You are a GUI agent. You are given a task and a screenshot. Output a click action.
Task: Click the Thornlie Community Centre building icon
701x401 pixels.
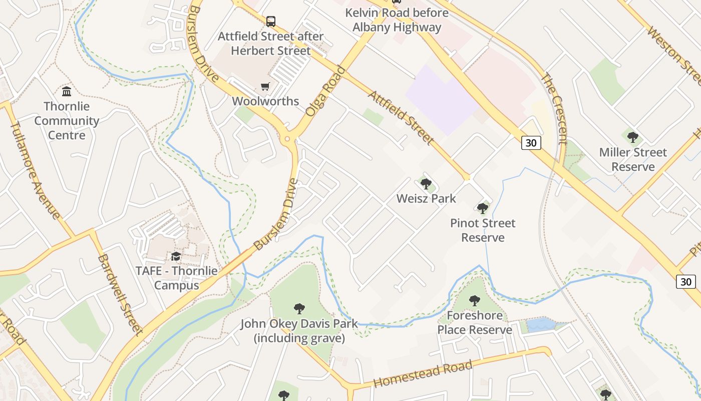(67, 91)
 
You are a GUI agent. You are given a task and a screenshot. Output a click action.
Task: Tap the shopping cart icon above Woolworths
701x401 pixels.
(265, 86)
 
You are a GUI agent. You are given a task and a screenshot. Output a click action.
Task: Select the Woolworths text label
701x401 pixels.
(265, 101)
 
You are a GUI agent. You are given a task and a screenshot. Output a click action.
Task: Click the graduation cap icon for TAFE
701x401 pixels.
(176, 257)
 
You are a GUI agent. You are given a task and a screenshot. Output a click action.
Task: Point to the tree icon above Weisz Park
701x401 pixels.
(426, 184)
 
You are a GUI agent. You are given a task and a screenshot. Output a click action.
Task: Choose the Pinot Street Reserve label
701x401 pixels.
(483, 230)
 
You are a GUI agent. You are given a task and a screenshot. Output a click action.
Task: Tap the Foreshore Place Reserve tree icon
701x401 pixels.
(475, 301)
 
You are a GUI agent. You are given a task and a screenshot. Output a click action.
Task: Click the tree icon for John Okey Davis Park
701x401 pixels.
(299, 308)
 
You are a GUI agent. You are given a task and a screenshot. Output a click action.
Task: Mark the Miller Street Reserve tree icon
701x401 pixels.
(633, 137)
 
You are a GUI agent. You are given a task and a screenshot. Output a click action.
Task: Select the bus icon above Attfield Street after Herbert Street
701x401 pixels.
(271, 22)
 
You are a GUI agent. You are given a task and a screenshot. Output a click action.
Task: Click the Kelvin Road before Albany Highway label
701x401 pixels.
(397, 20)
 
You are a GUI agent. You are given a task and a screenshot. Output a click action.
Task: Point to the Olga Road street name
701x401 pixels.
(325, 91)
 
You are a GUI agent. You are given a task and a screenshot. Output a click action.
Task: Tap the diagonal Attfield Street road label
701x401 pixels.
(401, 118)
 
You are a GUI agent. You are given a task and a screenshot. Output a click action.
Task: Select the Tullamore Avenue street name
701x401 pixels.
(35, 170)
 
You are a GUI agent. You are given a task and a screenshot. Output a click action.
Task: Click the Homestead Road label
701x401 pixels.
(423, 374)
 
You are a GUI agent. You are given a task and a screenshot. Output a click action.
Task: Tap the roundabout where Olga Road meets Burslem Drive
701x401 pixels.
(287, 139)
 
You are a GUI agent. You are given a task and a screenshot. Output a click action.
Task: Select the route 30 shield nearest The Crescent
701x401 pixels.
(531, 143)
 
